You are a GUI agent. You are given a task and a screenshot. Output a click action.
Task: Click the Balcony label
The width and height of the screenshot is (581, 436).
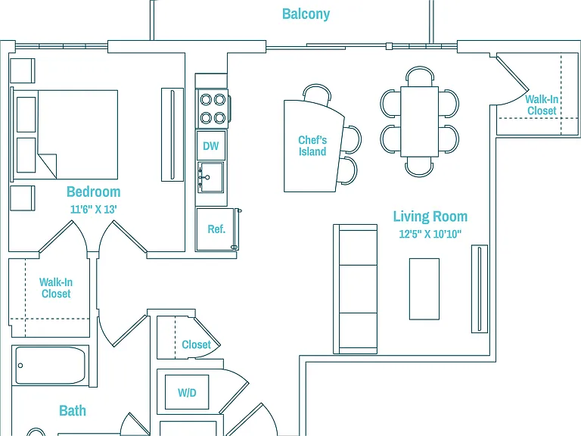[306, 14]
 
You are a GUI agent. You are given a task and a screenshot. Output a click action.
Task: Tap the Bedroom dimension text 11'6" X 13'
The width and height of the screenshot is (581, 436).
[93, 209]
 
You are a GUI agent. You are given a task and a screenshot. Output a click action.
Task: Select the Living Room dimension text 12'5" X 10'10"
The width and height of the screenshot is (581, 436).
[430, 234]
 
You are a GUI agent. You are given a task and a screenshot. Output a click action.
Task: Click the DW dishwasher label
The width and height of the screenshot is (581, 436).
[211, 145]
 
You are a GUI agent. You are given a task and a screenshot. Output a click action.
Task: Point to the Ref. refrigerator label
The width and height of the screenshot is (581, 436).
[216, 229]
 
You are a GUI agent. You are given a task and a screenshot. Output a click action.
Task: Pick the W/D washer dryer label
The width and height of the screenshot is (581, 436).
[187, 393]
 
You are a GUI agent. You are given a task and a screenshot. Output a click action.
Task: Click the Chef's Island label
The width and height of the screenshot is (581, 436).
[312, 145]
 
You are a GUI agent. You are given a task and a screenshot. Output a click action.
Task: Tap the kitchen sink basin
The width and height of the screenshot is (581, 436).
[211, 177]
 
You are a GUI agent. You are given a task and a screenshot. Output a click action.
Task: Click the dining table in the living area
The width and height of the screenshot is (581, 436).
[419, 122]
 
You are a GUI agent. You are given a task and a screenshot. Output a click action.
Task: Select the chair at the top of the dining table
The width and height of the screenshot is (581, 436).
[419, 76]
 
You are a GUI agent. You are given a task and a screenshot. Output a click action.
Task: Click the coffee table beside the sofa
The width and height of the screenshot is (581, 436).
[424, 289]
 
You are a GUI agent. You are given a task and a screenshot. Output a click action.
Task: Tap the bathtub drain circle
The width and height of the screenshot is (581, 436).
[20, 366]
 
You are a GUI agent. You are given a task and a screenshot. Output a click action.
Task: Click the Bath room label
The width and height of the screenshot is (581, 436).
[73, 411]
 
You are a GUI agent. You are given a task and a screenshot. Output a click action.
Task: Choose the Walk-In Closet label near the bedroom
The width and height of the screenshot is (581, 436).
[56, 288]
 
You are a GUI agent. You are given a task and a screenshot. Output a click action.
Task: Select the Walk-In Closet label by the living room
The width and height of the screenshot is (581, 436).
[542, 105]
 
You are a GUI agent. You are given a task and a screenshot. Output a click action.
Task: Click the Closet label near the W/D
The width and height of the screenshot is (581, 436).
[196, 344]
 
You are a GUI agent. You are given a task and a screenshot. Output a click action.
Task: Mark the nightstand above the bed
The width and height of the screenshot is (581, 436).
[23, 70]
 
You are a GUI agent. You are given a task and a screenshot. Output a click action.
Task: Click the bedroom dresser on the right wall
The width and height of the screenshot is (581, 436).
[172, 135]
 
